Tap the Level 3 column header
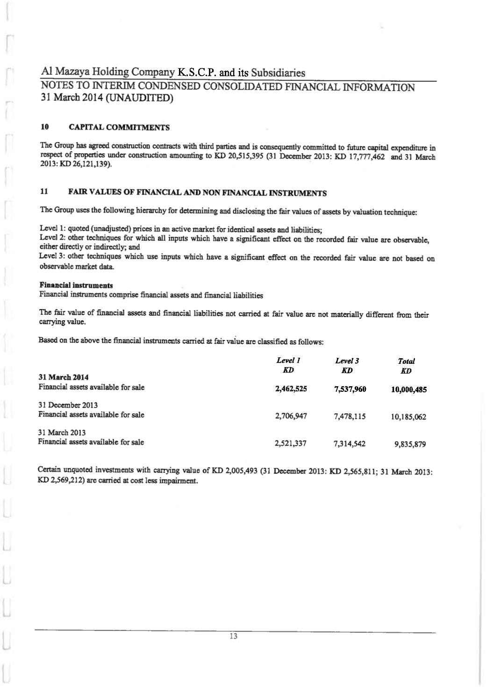347,361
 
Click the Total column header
406,361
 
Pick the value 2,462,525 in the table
291,388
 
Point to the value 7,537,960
350,388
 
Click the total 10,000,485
408,390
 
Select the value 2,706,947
291,415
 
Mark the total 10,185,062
408,417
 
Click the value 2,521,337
291,443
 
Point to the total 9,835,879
410,444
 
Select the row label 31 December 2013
65,405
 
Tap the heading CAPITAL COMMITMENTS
119,127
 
